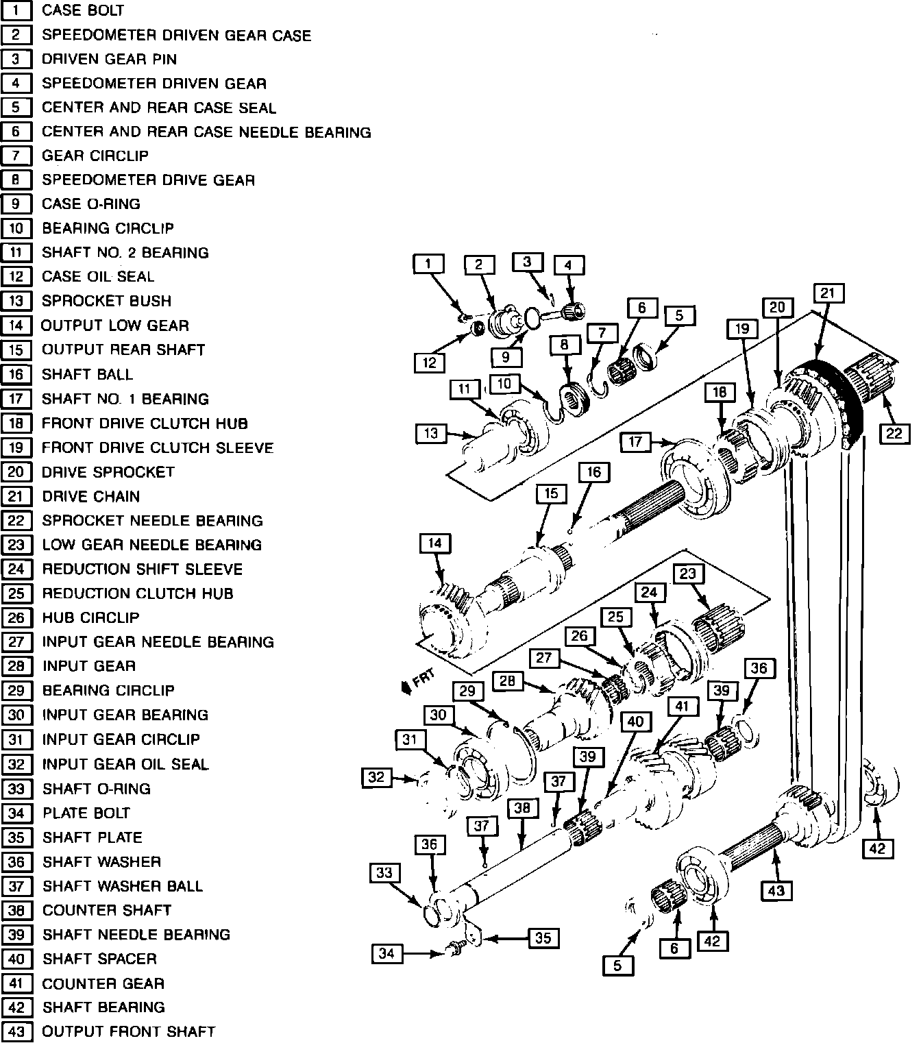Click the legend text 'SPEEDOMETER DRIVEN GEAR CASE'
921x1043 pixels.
pos(176,35)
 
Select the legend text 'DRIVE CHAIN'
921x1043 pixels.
pos(90,496)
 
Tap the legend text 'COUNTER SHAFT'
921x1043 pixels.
pos(106,910)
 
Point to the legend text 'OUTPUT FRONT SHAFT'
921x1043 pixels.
pos(129,1031)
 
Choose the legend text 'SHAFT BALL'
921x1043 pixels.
pos(87,374)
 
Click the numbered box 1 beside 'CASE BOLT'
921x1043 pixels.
pos(16,10)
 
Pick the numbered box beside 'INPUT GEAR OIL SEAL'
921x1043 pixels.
pos(16,764)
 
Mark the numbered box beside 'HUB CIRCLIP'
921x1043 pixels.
pos(16,617)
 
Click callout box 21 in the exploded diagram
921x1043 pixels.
pos(828,293)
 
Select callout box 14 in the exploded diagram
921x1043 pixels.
pos(435,544)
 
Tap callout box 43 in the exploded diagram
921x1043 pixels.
pos(776,891)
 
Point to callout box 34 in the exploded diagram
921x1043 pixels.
pos(386,953)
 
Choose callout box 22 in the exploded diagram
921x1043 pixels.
pos(894,433)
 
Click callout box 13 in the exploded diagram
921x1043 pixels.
pos(430,433)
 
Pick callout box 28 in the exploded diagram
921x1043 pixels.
pos(507,681)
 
